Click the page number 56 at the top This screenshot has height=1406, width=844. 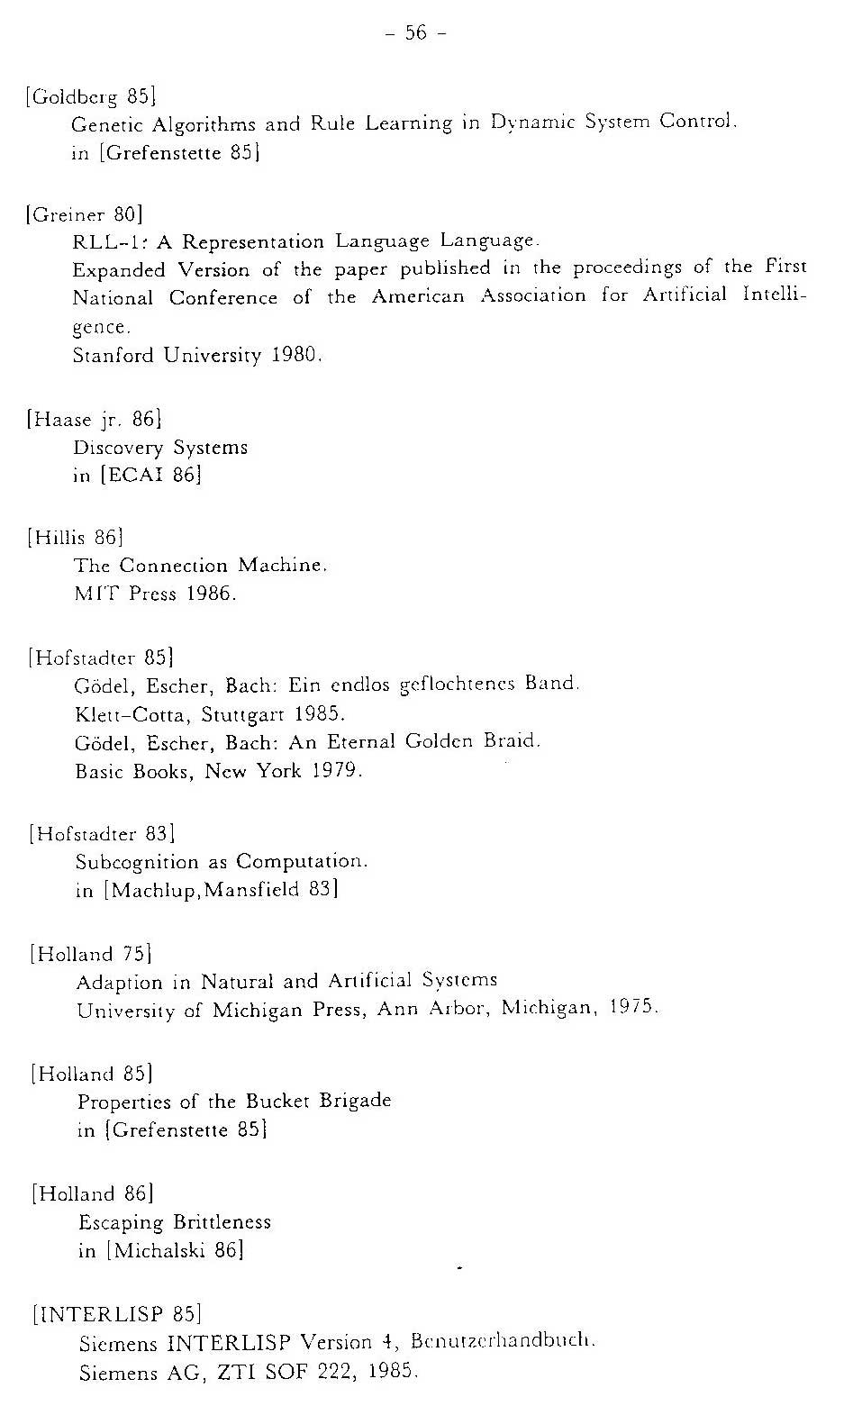pos(415,33)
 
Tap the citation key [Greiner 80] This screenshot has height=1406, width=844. pos(86,214)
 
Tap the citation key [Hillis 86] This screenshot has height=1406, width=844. pos(76,538)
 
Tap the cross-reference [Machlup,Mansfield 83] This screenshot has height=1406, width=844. pos(221,891)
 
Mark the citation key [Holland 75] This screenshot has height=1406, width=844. pos(90,954)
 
